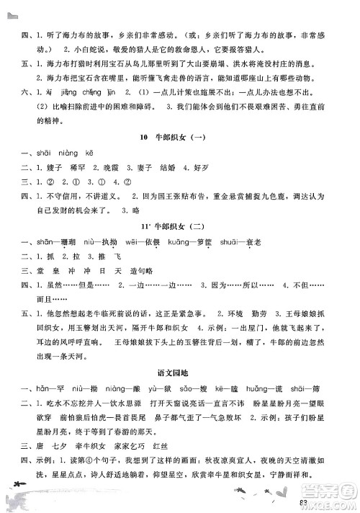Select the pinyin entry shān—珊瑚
[53, 243]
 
